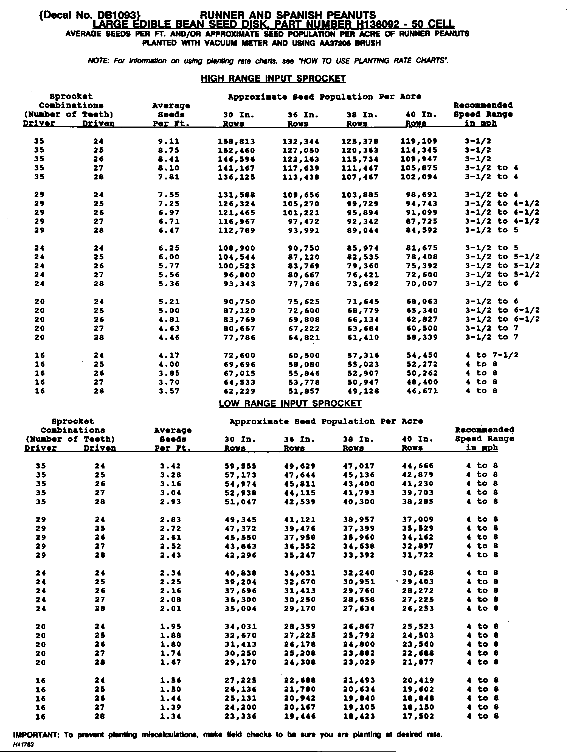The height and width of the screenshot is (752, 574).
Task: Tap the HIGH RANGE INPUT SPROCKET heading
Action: tap(273, 79)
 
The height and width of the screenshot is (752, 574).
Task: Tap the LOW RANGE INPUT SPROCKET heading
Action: tap(290, 403)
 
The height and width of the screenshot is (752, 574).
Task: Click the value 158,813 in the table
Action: tap(237, 141)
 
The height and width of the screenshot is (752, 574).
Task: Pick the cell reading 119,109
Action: tap(419, 141)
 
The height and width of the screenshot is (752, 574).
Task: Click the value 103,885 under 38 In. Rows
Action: tap(360, 195)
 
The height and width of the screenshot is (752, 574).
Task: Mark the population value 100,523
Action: tap(237, 266)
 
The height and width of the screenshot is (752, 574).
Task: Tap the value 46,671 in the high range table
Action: tap(422, 391)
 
